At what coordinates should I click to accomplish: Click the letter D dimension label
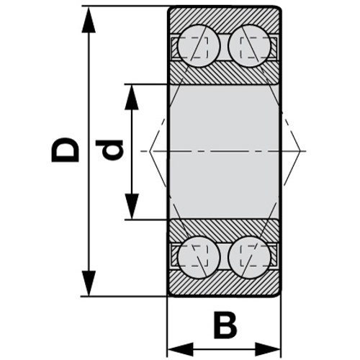tap(66, 150)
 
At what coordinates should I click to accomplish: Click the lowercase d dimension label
tap(109, 150)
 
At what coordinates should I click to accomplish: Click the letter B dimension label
tap(225, 325)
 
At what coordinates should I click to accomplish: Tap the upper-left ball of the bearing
tap(199, 46)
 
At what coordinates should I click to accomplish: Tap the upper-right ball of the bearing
tap(250, 46)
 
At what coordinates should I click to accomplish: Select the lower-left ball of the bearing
tap(199, 257)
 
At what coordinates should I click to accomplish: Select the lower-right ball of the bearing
tap(250, 257)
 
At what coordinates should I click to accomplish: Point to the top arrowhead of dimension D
tap(89, 19)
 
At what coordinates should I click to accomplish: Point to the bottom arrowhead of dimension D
tap(89, 284)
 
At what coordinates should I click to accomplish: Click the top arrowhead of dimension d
tap(132, 97)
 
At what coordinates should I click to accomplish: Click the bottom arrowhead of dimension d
tap(132, 207)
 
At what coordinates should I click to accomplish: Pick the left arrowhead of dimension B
tap(180, 349)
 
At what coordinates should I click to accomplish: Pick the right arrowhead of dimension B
tap(268, 349)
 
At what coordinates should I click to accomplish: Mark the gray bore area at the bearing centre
tap(225, 152)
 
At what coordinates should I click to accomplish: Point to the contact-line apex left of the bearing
tap(150, 151)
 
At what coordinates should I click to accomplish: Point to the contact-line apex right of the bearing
tap(300, 151)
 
